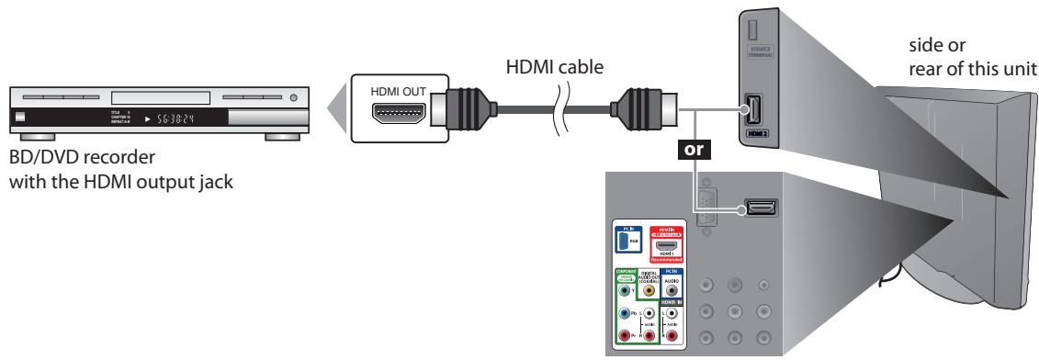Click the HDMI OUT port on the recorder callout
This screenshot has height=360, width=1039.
click(x=398, y=115)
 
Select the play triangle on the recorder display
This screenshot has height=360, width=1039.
click(x=142, y=118)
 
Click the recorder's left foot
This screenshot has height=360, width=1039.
click(x=27, y=136)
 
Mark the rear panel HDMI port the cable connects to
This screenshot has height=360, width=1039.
click(x=759, y=208)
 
